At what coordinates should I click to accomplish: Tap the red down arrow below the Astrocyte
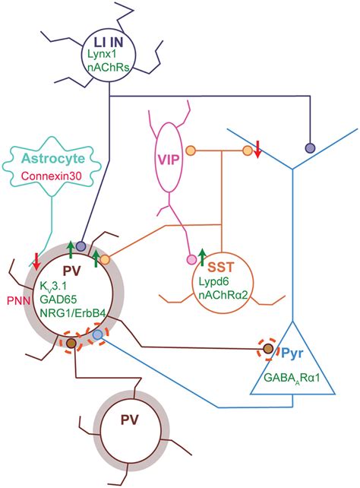36,259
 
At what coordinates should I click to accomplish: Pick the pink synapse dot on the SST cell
191,261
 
